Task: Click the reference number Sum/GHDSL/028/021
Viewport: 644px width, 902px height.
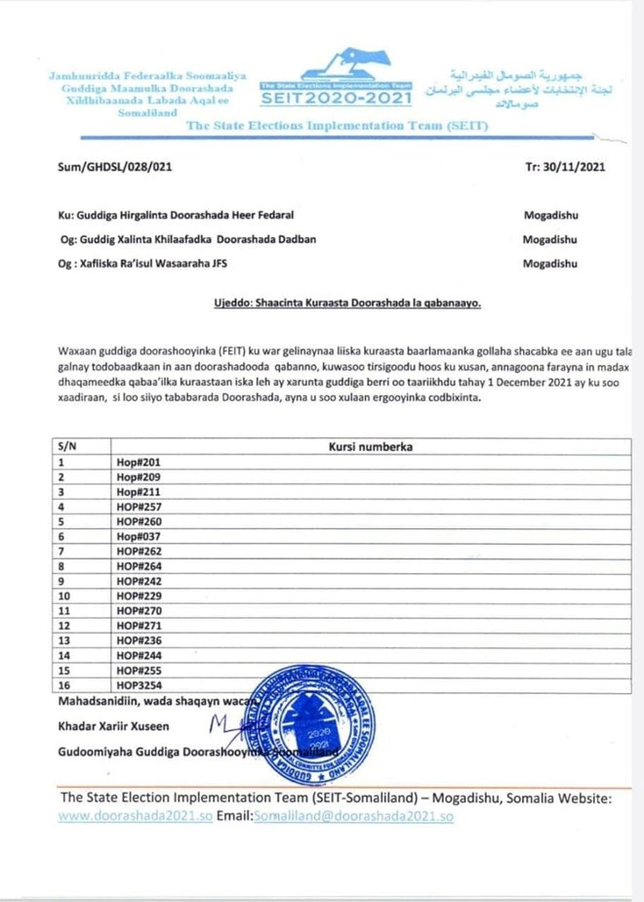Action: click(115, 167)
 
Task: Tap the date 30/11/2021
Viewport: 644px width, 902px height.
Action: click(566, 167)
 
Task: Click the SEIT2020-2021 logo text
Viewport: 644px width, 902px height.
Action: click(337, 99)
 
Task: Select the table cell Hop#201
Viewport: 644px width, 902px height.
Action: click(138, 463)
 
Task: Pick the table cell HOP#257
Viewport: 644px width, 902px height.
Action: click(139, 507)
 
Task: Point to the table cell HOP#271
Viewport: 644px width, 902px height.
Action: click(139, 625)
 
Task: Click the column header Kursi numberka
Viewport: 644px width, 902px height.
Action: click(371, 447)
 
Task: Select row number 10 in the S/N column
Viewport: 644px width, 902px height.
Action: click(65, 595)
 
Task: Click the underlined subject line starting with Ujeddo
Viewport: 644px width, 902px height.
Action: click(347, 303)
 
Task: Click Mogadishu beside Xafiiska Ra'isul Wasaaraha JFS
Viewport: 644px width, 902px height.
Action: click(549, 263)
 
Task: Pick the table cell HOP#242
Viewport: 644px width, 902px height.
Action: click(139, 581)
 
